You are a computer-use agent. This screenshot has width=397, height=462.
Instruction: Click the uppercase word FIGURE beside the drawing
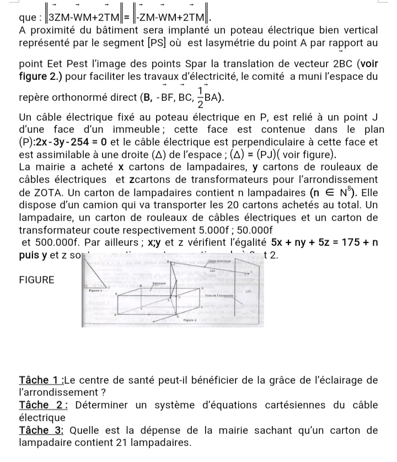37,280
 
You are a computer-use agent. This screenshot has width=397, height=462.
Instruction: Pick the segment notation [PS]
160,42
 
